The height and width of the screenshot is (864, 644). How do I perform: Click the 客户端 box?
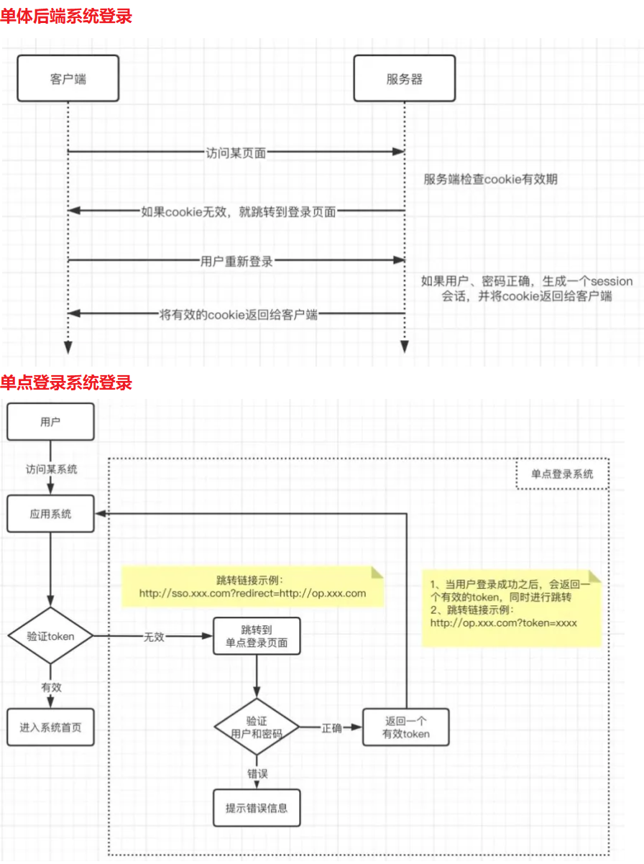pos(68,78)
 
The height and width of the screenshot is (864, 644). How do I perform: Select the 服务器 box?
pos(404,78)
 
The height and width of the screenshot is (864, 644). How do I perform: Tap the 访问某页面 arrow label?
pos(236,152)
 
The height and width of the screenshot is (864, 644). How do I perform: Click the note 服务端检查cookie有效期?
pos(490,180)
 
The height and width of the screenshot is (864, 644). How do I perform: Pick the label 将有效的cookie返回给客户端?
pos(238,313)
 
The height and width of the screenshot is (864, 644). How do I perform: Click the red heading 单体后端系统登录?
pos(66,16)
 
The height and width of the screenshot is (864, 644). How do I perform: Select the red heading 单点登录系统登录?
pos(66,382)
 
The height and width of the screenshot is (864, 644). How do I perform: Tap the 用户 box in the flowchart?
pos(50,422)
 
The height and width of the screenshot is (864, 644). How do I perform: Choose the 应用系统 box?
pos(50,514)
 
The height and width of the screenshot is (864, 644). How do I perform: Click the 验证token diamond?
pos(50,636)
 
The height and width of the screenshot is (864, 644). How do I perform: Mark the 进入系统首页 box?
pos(50,727)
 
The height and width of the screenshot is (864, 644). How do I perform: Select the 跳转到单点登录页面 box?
pos(257,636)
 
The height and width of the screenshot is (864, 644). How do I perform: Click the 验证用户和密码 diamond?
pos(257,727)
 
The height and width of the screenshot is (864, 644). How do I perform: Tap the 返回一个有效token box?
pos(406,727)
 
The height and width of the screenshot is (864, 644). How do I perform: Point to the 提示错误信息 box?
pos(257,807)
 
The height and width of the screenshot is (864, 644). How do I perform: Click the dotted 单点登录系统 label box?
pos(562,474)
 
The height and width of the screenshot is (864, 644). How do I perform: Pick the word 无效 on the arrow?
pos(155,637)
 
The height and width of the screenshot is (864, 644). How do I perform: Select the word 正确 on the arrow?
pos(331,727)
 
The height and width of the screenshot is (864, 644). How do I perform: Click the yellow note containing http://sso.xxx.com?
pos(252,587)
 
